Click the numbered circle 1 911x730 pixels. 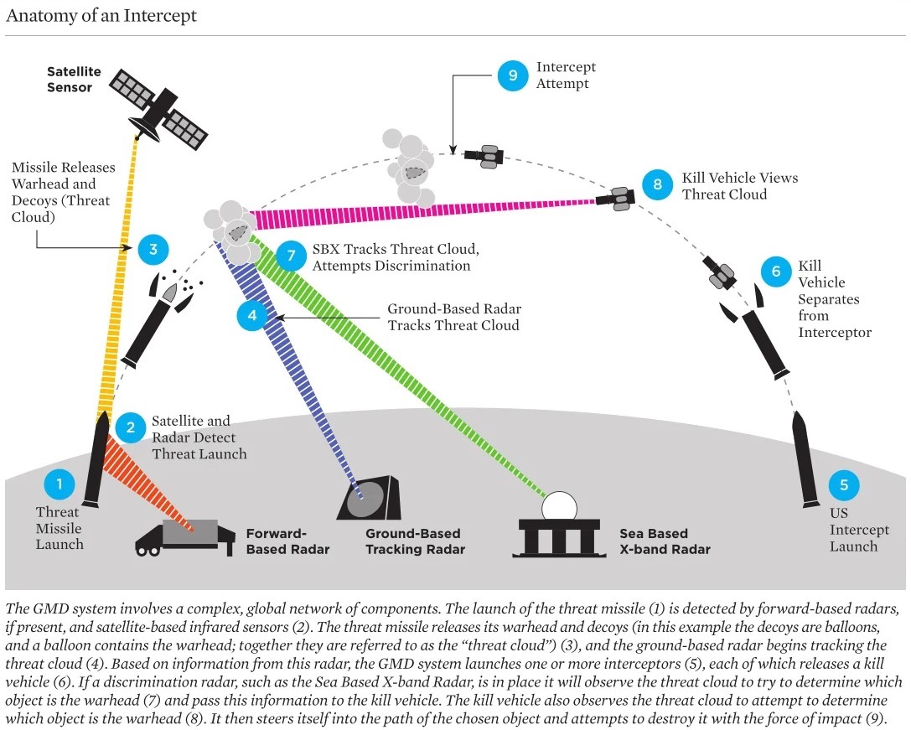pos(60,484)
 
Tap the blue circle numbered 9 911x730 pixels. pos(513,75)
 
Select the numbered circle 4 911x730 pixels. pos(252,316)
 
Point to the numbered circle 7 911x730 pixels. pos(291,255)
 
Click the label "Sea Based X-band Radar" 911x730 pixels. pos(665,541)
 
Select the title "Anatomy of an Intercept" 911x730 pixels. pos(101,15)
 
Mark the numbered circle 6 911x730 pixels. pos(776,272)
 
